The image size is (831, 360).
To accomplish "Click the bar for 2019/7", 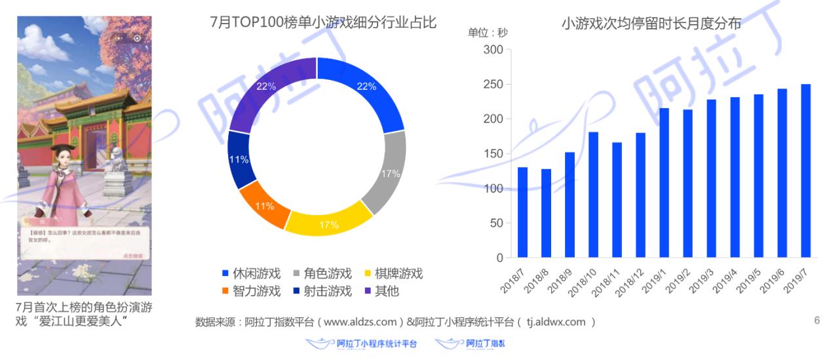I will (805, 170).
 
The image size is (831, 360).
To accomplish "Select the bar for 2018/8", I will (546, 213).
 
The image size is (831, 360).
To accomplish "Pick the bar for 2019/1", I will (664, 183).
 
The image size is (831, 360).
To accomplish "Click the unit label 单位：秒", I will (487, 32).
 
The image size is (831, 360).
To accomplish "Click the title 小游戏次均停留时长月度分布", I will (651, 24).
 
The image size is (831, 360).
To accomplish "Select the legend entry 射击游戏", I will (320, 290).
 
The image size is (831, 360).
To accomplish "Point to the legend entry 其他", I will (380, 290).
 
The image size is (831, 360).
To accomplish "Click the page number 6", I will (817, 321).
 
